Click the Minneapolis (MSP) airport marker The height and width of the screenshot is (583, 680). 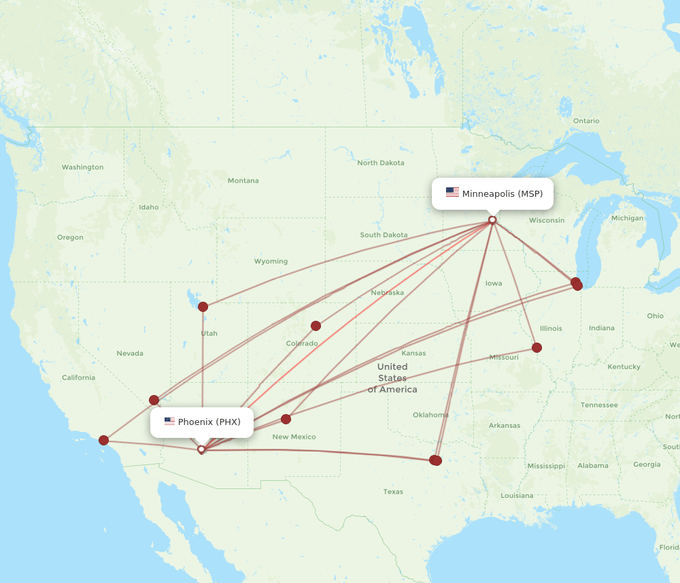click(x=492, y=220)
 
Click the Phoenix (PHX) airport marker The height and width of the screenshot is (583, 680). click(x=201, y=450)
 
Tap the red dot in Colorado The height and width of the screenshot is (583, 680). click(x=316, y=326)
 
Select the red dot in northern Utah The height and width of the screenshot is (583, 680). click(x=203, y=306)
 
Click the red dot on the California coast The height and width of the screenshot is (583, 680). click(x=103, y=440)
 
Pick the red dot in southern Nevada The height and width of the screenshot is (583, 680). click(x=154, y=400)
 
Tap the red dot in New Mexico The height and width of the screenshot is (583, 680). click(x=286, y=419)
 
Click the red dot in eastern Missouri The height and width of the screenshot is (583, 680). click(x=537, y=347)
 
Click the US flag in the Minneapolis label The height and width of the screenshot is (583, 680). click(x=452, y=193)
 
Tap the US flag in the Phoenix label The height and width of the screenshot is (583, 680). click(x=169, y=422)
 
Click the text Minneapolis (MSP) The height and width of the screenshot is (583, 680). click(x=503, y=193)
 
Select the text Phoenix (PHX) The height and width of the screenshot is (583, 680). click(x=209, y=422)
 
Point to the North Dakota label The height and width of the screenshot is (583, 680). click(x=381, y=163)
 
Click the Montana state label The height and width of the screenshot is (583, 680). click(x=243, y=180)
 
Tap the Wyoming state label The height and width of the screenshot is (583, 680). click(x=271, y=261)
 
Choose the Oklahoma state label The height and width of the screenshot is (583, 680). click(x=430, y=415)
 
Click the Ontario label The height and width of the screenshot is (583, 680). click(x=586, y=121)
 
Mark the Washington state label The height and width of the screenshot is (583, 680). click(x=82, y=167)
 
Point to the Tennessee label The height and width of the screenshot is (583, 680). click(x=599, y=405)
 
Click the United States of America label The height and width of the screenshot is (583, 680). click(x=392, y=378)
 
